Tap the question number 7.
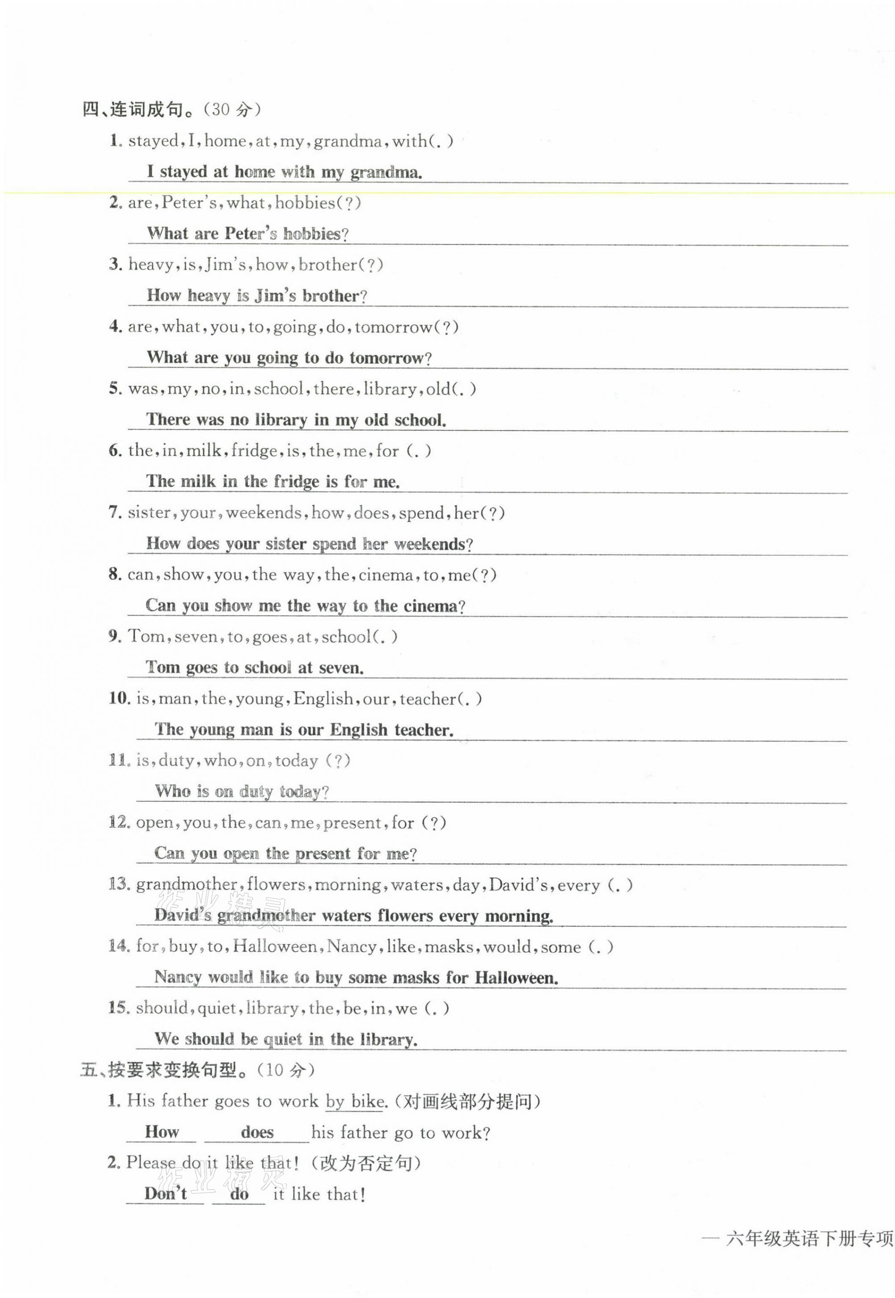pos(115,512)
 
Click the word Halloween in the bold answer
pos(516,978)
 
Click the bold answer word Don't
pos(165,1193)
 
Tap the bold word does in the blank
pos(257,1132)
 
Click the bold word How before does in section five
pos(161,1132)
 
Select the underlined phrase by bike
pos(355,1101)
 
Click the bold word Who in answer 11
pos(173,791)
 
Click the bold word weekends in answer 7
pos(433,544)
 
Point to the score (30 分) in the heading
pos(231,109)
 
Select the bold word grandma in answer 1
pos(386,172)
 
